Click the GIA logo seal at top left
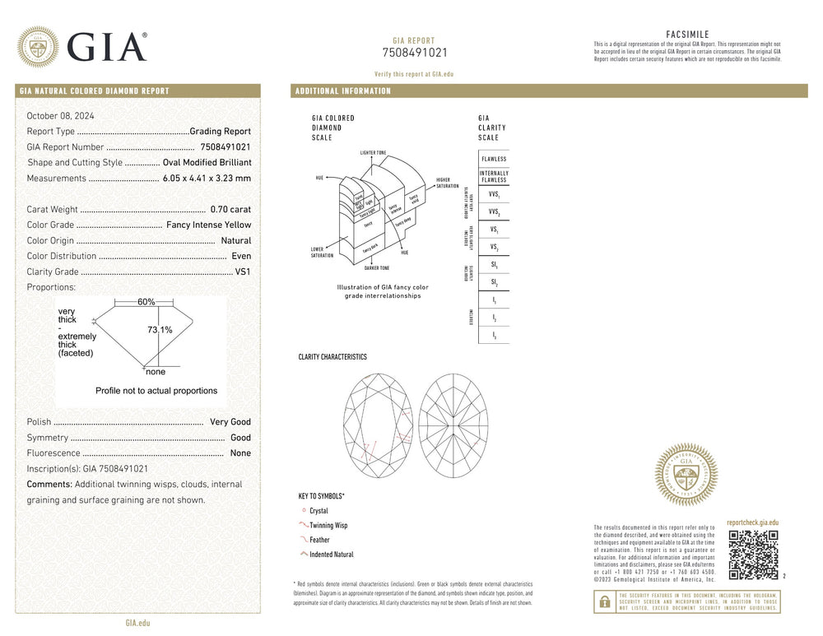(x=38, y=46)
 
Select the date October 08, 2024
(x=61, y=116)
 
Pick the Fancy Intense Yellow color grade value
(x=209, y=225)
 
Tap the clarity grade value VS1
(x=243, y=272)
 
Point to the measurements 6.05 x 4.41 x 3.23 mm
(x=207, y=179)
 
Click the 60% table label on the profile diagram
(x=146, y=302)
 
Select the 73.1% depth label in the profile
(x=160, y=330)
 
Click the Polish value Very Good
(x=230, y=422)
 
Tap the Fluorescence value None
(x=240, y=453)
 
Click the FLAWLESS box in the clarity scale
(x=494, y=159)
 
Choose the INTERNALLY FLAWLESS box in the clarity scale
(x=494, y=177)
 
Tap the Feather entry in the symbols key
(x=319, y=540)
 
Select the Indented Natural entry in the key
(x=331, y=555)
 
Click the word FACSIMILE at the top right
(x=687, y=35)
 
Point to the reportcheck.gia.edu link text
(x=753, y=522)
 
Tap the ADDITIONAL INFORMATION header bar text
(x=343, y=91)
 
